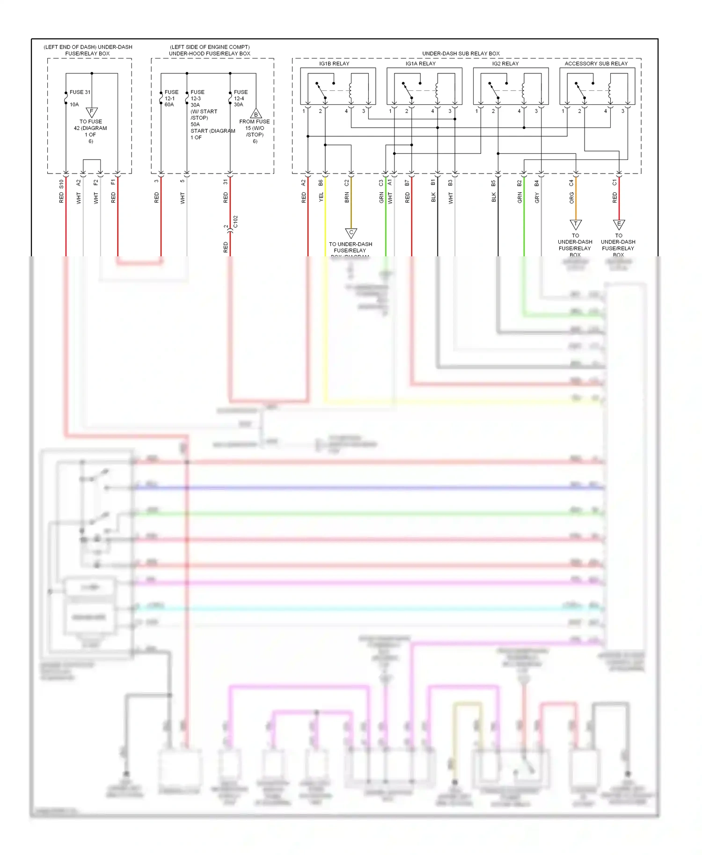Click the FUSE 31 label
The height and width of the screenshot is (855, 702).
(80, 92)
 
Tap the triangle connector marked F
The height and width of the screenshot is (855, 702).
(92, 112)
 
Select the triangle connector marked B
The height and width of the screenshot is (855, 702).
(256, 114)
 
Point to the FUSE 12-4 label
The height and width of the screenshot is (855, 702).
(240, 95)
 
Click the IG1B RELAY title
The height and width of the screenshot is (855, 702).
(334, 64)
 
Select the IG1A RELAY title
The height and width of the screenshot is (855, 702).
(420, 64)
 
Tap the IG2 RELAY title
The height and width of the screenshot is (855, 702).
(505, 64)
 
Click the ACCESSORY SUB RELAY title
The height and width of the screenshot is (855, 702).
(596, 64)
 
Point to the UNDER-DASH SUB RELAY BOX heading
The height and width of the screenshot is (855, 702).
(461, 54)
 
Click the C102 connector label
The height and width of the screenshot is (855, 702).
(235, 221)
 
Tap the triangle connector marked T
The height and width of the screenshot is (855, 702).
(576, 225)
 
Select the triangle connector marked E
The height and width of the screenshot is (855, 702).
(619, 225)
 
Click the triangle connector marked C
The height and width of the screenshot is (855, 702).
(351, 233)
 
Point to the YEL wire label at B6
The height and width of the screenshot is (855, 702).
(321, 197)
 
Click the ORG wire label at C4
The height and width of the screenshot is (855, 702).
(571, 198)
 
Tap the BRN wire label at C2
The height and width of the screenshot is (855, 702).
(347, 197)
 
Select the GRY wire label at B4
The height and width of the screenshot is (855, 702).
(537, 197)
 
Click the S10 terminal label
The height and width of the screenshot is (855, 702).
(61, 184)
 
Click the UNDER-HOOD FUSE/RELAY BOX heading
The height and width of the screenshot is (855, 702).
(210, 53)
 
